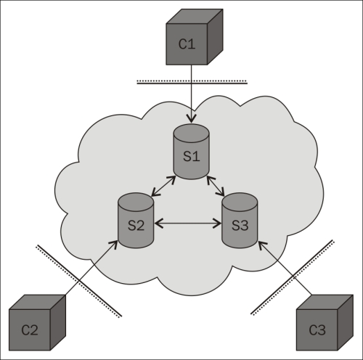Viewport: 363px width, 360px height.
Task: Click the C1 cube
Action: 195,37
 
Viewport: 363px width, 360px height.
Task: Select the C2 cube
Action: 37,322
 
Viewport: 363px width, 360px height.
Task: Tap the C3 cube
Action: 325,322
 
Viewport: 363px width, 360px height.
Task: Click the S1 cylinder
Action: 192,152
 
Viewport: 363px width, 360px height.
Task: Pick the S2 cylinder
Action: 136,221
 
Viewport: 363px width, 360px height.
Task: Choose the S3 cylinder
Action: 240,221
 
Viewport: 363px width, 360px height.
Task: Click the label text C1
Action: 187,44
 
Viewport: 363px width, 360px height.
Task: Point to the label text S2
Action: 136,226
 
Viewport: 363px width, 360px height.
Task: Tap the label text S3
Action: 240,226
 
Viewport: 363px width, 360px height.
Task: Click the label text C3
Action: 317,330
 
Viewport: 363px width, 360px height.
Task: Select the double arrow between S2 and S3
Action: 188,224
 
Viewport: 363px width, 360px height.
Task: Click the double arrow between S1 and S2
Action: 163,186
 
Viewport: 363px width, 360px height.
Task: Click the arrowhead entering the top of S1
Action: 192,118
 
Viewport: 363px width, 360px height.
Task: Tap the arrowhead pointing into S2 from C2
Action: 113,245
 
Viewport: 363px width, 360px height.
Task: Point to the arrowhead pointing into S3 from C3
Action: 262,245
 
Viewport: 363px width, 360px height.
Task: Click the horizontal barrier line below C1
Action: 192,82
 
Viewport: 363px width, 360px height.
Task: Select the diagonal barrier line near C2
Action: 79,281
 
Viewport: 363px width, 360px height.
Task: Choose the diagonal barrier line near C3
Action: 293,277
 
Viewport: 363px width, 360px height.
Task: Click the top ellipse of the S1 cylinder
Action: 192,133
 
